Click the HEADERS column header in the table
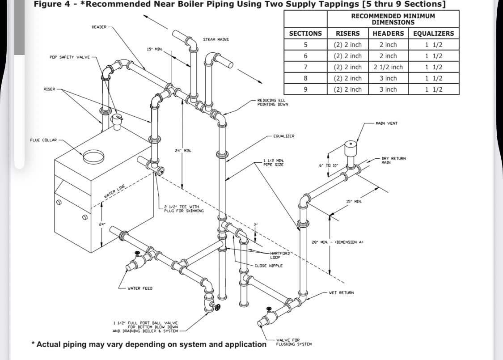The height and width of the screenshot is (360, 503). [x=388, y=34]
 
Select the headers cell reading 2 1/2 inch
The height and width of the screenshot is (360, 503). [x=388, y=67]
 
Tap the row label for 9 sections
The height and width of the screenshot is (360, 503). [x=305, y=89]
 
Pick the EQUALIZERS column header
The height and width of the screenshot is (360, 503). [x=433, y=34]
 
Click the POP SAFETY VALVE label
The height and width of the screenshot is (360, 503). [x=70, y=57]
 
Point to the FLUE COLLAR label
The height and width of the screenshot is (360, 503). [x=43, y=140]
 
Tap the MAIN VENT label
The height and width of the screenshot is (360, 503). [x=387, y=123]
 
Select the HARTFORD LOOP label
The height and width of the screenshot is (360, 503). [x=280, y=255]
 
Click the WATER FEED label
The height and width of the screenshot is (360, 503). [x=140, y=288]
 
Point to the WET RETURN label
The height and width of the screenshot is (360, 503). [x=341, y=293]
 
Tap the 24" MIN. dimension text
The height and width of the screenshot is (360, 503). [x=183, y=151]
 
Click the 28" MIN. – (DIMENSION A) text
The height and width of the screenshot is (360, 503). [x=337, y=242]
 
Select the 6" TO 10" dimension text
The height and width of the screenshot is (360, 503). [x=329, y=165]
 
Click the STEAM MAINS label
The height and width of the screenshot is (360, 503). [x=216, y=40]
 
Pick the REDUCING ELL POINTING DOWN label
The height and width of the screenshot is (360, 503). [x=273, y=102]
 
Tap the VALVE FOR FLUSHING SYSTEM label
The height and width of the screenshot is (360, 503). [x=294, y=342]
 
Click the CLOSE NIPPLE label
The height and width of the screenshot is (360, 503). [x=268, y=266]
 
